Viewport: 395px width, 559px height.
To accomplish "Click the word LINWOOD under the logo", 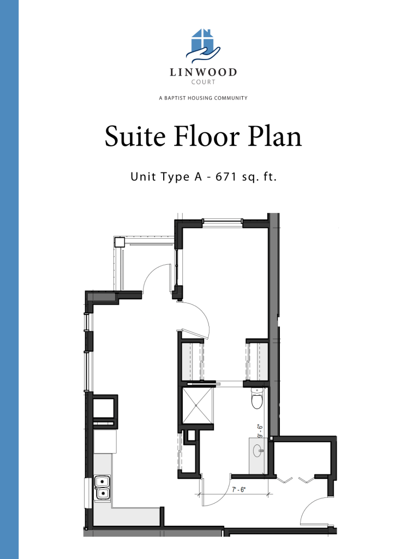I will point(203,73).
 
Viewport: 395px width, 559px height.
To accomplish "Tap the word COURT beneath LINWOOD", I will point(203,83).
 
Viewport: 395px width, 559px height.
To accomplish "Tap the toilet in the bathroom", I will point(257,401).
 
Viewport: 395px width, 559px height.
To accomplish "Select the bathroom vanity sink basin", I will point(259,450).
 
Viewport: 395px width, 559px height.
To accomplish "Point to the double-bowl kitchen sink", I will point(101,487).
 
